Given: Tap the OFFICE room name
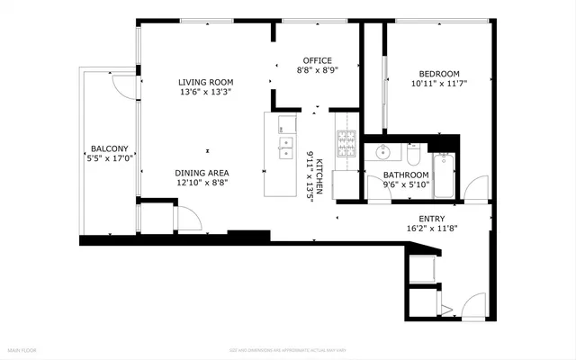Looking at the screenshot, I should (317, 60).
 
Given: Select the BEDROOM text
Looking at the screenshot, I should (438, 74).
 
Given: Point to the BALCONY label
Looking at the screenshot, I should (110, 148).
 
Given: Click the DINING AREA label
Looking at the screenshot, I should (202, 172).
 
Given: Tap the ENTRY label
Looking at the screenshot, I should (431, 219).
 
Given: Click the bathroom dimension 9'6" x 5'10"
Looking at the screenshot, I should (405, 185).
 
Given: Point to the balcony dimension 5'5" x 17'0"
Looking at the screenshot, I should (110, 158).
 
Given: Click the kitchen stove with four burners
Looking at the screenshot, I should (346, 143).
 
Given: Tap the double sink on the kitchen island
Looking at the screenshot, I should (285, 146).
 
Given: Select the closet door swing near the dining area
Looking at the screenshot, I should (187, 218).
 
